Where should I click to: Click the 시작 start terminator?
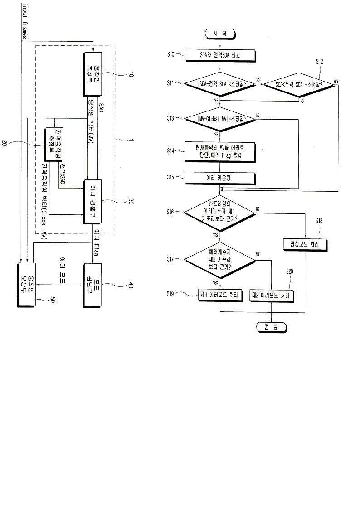pos(220,33)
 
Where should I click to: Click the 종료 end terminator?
pos(271,327)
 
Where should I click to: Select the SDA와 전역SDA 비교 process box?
pos(220,55)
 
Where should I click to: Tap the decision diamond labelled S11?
pos(220,83)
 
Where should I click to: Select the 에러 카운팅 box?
pos(220,178)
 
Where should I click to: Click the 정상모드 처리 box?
pos(305,244)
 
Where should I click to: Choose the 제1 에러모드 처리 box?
pos(220,295)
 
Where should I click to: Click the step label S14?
pos(170,150)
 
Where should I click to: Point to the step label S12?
pos(320,62)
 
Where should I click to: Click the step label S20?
pos(289,271)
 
